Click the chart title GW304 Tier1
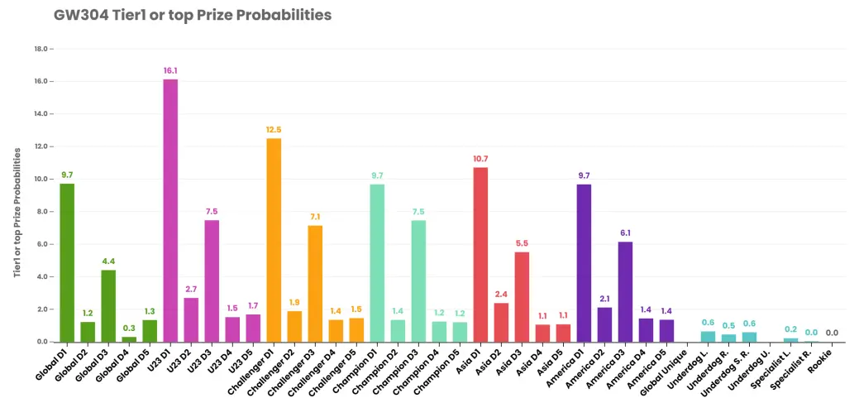(193, 16)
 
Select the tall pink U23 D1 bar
(170, 210)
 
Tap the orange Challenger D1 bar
(274, 240)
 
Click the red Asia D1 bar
(480, 255)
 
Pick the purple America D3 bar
(625, 292)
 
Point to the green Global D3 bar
(108, 306)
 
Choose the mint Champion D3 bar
(418, 281)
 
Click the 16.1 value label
(170, 70)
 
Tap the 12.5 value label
(274, 129)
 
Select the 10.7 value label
(480, 158)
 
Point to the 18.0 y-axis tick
(41, 49)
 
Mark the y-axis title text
(17, 212)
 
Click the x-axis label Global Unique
(669, 368)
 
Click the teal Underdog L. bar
(708, 337)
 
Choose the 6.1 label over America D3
(625, 233)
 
